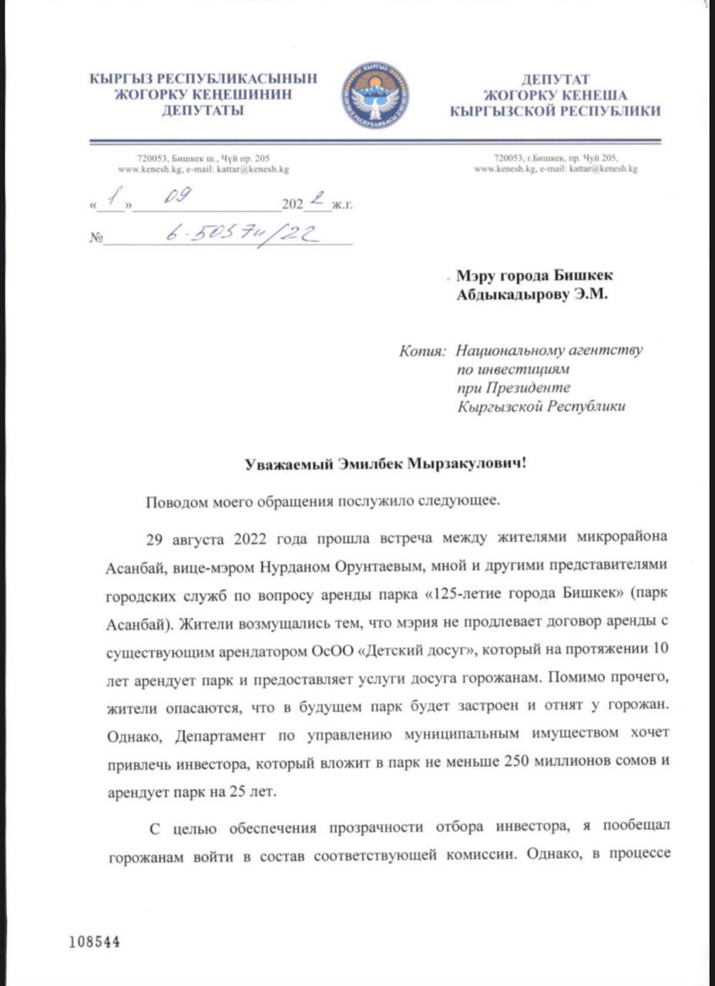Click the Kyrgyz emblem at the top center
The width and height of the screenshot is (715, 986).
point(375,96)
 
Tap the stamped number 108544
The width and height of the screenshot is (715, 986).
point(94,942)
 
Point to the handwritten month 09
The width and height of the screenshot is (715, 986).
point(180,200)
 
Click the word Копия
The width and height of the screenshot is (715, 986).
point(422,350)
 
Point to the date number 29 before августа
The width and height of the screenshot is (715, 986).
point(156,538)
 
